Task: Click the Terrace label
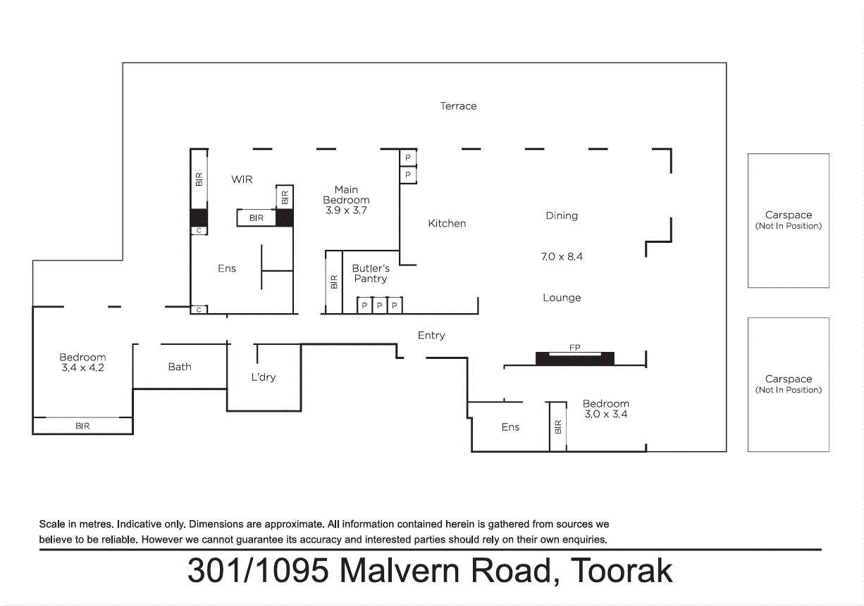coord(458,106)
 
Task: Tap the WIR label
coord(242,179)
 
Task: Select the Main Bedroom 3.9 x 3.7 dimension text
coord(345,210)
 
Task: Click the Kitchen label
coord(447,224)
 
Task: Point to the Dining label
coord(561,216)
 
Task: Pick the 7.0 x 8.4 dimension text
coord(561,257)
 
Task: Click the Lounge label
coord(561,298)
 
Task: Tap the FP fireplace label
coord(574,348)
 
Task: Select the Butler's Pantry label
coord(371,274)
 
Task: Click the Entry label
coord(431,336)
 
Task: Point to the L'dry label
coord(263,377)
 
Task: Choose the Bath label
coord(180,367)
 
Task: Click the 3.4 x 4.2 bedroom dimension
coord(82,367)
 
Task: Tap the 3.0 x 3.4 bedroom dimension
coord(605,415)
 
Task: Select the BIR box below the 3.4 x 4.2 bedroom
coord(82,426)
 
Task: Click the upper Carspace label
coord(788,215)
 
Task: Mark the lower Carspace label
coord(788,379)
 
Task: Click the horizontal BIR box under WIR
coord(257,218)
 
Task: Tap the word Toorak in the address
coord(621,571)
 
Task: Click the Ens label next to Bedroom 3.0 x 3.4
coord(510,427)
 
